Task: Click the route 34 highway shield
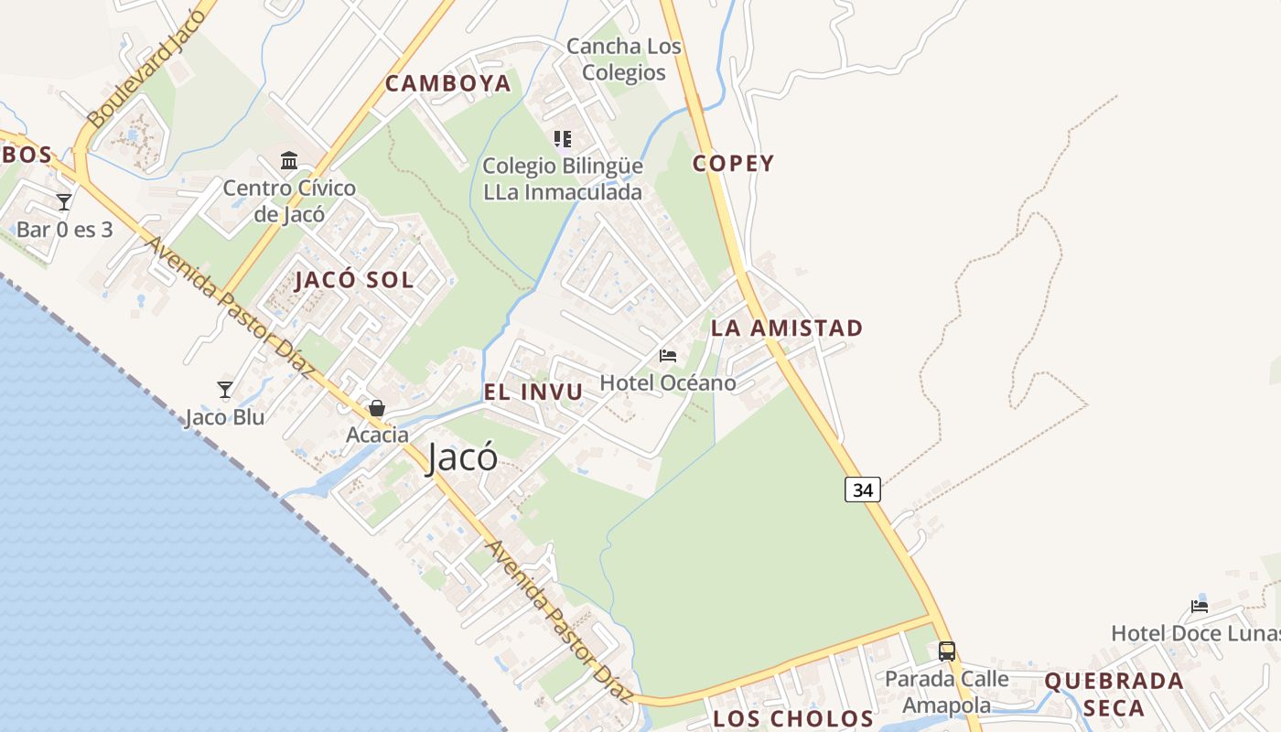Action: [862, 490]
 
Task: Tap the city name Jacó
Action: [463, 457]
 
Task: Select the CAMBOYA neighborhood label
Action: [447, 83]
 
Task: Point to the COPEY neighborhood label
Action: [733, 164]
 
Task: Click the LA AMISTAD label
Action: [787, 328]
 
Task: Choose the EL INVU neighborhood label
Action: [533, 393]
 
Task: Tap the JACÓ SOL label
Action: [354, 280]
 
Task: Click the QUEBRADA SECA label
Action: [1114, 694]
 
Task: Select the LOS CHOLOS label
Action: [793, 718]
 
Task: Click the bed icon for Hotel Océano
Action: [668, 355]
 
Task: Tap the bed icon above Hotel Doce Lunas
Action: [1200, 606]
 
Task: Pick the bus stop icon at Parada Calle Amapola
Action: [947, 651]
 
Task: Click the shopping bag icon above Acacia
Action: [376, 408]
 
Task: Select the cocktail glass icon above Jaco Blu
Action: [225, 390]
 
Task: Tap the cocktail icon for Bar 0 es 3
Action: [64, 201]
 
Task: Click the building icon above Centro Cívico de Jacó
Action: [289, 161]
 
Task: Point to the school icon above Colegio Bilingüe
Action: [563, 139]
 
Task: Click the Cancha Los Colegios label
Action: [624, 59]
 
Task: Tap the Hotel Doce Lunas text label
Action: [1195, 633]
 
